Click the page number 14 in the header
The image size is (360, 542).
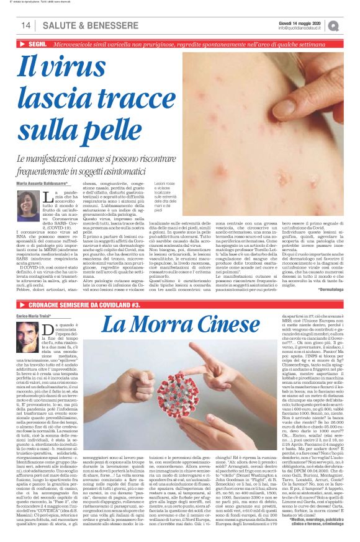pos(25,25)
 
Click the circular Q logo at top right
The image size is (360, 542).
pos(351,25)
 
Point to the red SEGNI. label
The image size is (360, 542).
pos(38,45)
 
